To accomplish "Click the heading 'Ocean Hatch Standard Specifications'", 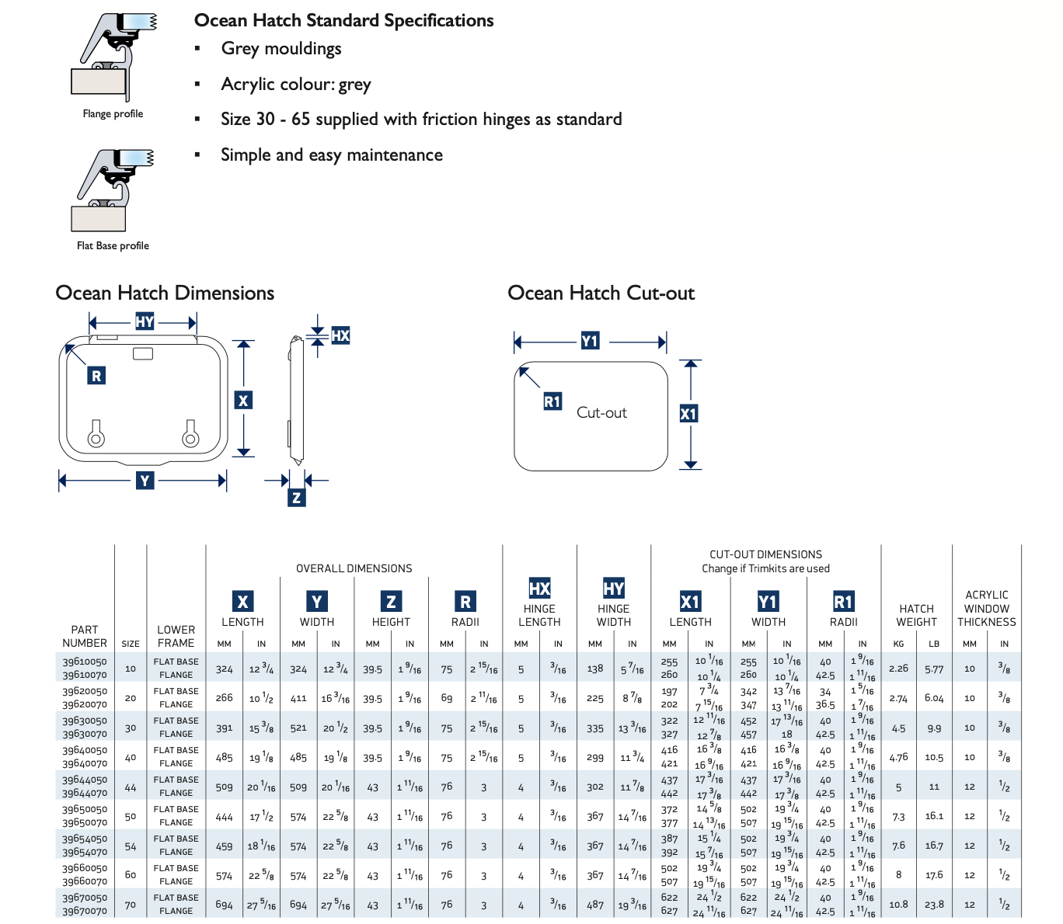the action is tap(343, 21).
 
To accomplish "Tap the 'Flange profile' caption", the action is tap(113, 113).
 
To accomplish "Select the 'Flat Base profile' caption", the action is tap(113, 245).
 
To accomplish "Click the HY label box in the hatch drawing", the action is tap(145, 321).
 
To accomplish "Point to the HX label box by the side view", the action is tap(340, 335).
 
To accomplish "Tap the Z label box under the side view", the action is tap(296, 498).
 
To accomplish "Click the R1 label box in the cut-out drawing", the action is tap(552, 401).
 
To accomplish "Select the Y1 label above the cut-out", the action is tap(590, 341).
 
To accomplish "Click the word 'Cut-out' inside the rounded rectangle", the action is tap(601, 412).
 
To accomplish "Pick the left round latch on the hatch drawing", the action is tap(96, 439).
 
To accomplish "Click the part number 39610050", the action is tap(85, 662).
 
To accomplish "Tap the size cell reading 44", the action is tap(131, 787).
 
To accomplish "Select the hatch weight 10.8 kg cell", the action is tap(898, 905).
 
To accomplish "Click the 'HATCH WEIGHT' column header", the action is tap(916, 615).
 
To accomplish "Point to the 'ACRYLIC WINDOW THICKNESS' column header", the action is tap(987, 609).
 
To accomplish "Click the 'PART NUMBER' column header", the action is tap(85, 637).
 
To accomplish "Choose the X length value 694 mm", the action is tap(224, 905).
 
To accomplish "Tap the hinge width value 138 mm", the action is tap(595, 669).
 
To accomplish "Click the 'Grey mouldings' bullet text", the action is tap(281, 49).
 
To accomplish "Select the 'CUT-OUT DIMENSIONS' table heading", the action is tap(766, 554).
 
